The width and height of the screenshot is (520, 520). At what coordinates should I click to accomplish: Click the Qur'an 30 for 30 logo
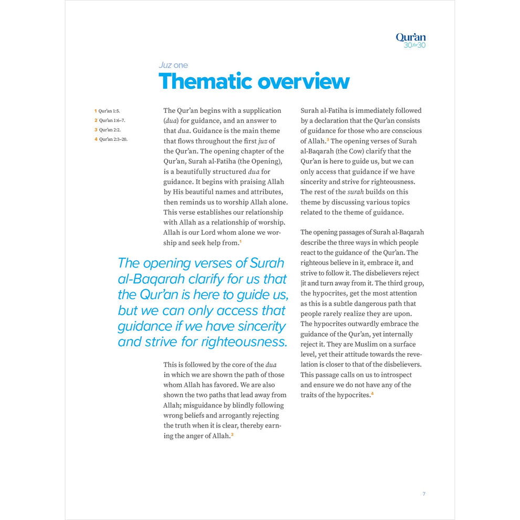point(410,40)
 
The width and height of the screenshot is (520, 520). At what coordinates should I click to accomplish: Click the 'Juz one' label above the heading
point(173,65)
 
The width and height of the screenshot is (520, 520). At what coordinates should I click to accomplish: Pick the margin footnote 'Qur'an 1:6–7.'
point(112,120)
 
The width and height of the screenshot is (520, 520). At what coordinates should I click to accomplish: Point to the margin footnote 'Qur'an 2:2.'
point(110,130)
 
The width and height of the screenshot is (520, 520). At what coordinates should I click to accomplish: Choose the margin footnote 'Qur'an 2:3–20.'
point(113,139)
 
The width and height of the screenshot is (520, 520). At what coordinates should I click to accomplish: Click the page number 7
point(424,494)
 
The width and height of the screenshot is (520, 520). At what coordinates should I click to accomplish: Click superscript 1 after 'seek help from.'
point(241,242)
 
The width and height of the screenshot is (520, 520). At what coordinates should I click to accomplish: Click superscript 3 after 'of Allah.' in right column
point(328,139)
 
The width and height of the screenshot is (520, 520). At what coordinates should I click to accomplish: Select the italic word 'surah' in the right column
point(355,192)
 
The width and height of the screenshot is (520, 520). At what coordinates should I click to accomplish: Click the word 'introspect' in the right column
point(395,375)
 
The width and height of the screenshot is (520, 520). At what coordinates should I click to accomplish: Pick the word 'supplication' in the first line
point(262,111)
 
